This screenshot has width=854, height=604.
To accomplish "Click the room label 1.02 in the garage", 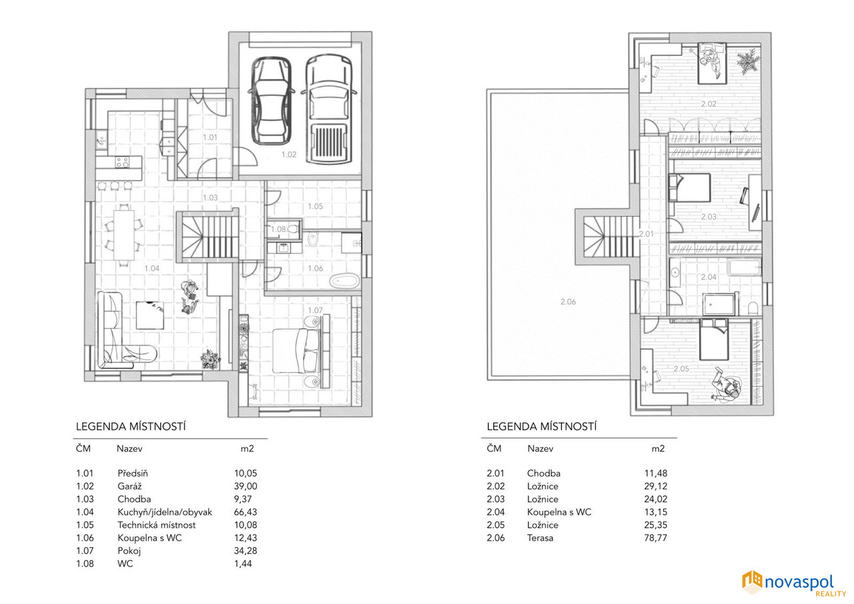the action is point(289,154).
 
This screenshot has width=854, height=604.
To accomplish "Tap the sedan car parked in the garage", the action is point(272,101).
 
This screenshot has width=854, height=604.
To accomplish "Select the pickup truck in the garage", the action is point(329,109).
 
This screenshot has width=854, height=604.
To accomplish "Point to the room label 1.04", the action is point(151,268).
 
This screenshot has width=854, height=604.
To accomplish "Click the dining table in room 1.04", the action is point(123,235).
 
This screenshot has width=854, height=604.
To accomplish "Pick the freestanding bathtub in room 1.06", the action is point(345,282).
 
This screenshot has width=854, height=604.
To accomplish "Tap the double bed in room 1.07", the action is point(296,351).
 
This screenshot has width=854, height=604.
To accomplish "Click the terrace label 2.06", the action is point(568,302).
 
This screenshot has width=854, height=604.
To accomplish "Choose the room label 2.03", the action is point(709,217).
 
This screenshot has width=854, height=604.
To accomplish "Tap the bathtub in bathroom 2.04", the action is point(744,267).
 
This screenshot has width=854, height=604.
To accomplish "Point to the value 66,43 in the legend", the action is point(246,512).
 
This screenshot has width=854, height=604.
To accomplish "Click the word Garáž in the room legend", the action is point(129,486).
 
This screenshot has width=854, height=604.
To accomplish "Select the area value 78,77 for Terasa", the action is point(656,538).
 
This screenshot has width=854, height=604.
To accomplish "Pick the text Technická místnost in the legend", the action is point(156,525).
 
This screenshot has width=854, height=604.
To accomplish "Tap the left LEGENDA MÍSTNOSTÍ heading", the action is point(131,426).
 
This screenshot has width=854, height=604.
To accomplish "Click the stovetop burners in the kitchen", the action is point(122,162).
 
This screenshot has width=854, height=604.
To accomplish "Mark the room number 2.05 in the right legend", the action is point(496,525).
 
